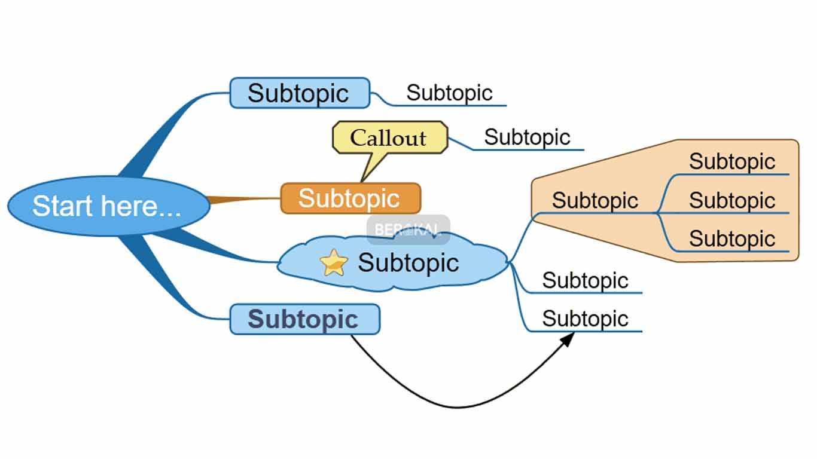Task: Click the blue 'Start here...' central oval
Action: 108,205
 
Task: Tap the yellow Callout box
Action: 389,137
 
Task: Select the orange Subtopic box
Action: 350,198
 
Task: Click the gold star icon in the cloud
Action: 333,263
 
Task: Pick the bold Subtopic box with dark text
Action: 304,319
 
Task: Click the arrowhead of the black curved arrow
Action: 568,338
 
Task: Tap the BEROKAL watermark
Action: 408,229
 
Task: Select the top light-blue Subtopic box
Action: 299,93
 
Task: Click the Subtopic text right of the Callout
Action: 527,137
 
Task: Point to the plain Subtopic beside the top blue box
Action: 449,93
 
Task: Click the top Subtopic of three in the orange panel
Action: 731,161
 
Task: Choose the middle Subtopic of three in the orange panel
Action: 731,200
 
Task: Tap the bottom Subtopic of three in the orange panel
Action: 731,238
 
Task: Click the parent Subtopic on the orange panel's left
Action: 595,200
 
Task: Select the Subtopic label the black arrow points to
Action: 585,319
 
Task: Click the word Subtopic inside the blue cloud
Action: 408,263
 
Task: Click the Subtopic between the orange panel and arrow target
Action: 585,280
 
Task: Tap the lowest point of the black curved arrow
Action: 458,408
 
